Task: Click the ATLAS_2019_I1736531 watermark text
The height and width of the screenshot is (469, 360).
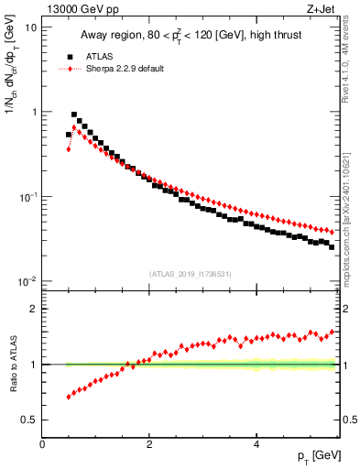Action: (190, 273)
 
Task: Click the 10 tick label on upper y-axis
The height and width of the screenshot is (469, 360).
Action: (30, 27)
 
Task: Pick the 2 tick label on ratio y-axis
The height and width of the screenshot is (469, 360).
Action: (34, 309)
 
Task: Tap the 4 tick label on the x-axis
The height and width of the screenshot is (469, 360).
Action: (256, 443)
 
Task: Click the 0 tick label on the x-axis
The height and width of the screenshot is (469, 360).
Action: (43, 443)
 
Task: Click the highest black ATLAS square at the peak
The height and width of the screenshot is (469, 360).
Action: (74, 115)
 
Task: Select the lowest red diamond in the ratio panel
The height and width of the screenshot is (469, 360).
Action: (69, 397)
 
